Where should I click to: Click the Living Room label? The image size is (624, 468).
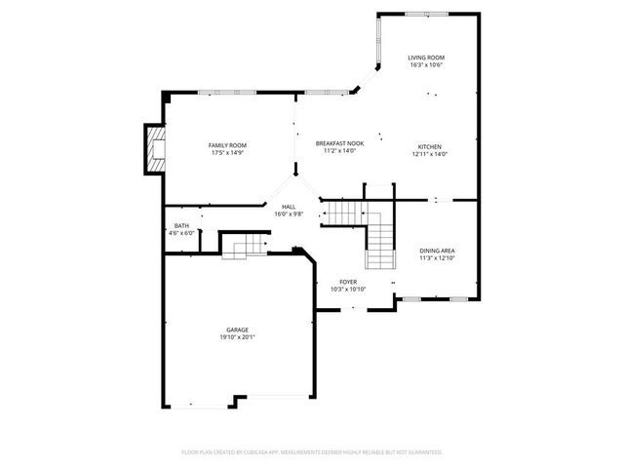426,58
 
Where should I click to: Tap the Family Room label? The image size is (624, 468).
226,145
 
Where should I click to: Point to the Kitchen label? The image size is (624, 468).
429,146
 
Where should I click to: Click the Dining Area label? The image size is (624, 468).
437,251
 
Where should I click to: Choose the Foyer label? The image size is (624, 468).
347,282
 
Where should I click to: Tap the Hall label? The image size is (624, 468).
289,207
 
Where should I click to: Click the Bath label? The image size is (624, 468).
182,226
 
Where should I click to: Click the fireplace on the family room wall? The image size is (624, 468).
154,149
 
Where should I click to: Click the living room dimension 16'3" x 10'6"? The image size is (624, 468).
426,65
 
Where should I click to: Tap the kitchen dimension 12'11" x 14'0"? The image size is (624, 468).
429,154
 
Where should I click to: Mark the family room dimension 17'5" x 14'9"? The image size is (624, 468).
226,153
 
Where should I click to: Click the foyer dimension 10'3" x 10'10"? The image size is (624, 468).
347,290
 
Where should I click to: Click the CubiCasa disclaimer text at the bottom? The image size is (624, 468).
312,452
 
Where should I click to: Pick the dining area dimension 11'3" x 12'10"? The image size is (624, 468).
437,258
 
